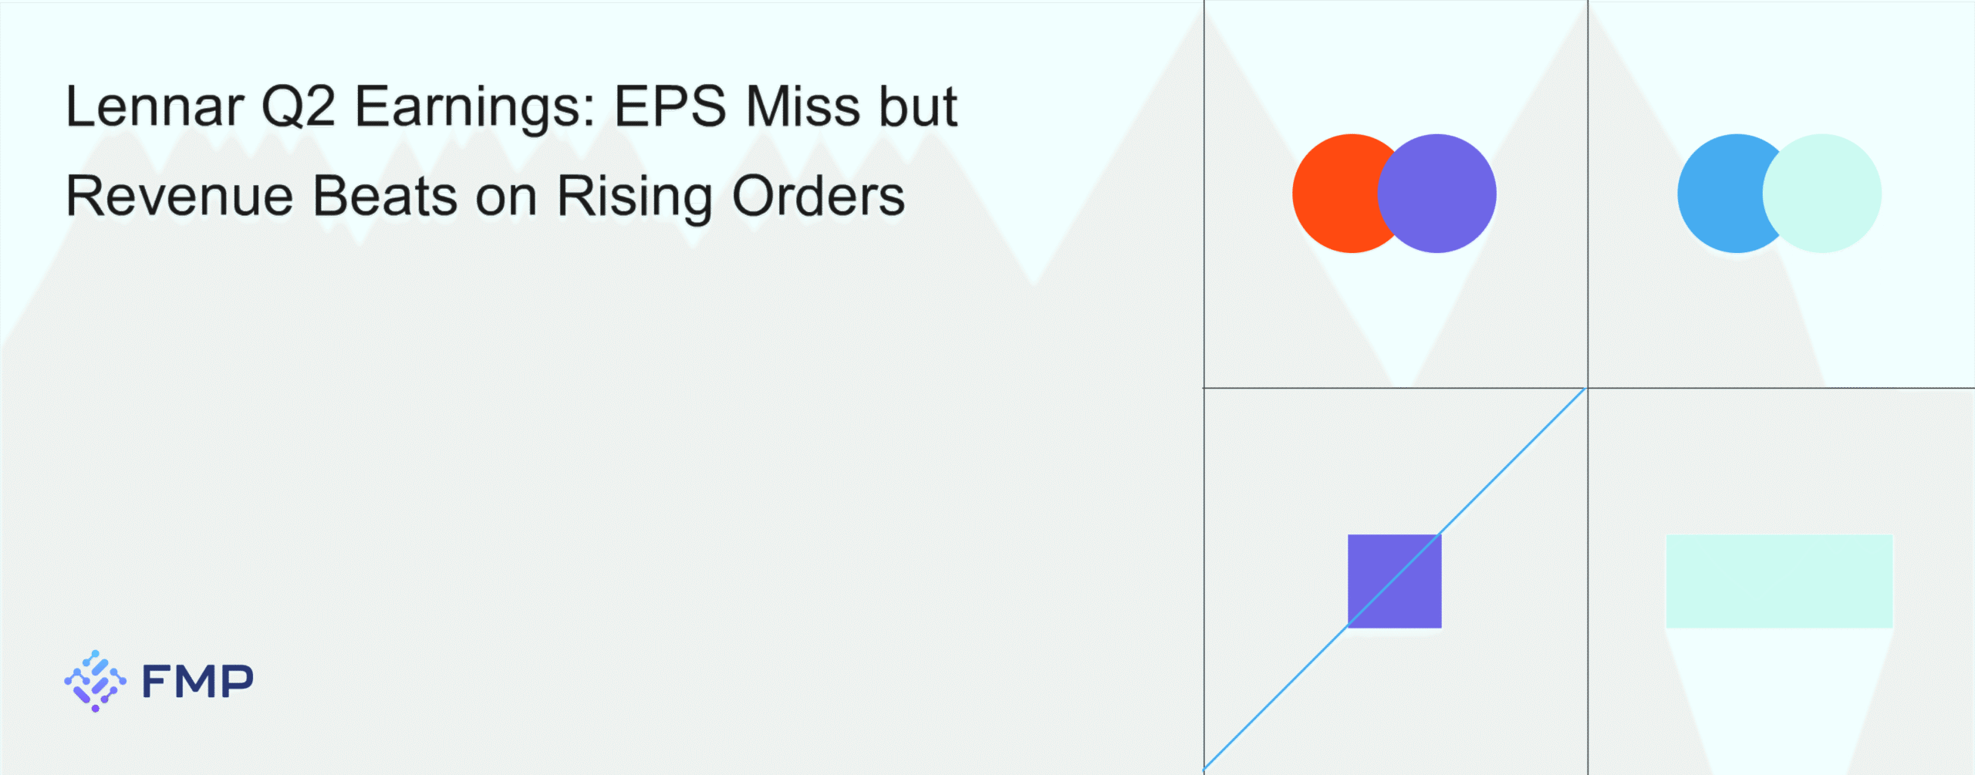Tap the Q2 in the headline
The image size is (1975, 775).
(x=299, y=106)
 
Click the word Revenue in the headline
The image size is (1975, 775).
(x=180, y=196)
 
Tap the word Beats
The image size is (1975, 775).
(x=385, y=196)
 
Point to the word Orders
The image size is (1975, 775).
(x=818, y=196)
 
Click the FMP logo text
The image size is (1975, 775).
(x=197, y=682)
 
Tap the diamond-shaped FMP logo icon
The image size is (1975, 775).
(x=95, y=681)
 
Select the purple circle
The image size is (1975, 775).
(x=1437, y=194)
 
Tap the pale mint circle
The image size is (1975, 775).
(x=1822, y=194)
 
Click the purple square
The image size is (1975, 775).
(x=1395, y=581)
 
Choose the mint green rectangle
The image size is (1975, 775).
(x=1780, y=581)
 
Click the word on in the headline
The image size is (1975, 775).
(x=506, y=201)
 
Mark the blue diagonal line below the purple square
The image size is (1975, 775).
(x=1276, y=699)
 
